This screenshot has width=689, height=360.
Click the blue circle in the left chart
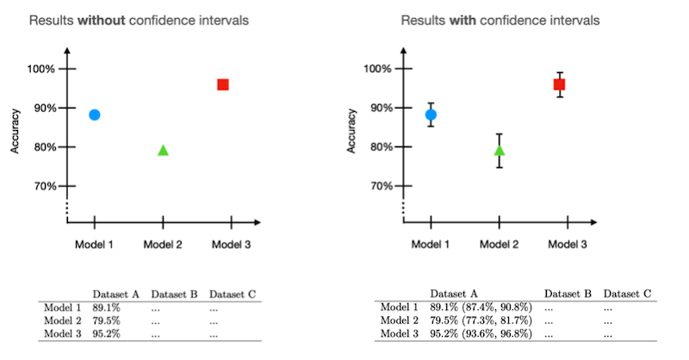[x=95, y=115]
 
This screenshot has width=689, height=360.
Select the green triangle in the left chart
[x=163, y=151]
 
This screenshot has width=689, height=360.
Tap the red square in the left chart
[x=223, y=84]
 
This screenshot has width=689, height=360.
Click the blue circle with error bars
[x=431, y=115]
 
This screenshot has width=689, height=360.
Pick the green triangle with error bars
[x=500, y=151]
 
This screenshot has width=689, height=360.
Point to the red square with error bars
[x=559, y=84]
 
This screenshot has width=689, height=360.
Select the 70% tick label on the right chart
[x=382, y=186]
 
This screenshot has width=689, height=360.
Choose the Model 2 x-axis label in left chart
[x=163, y=245]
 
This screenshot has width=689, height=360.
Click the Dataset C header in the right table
[x=626, y=293]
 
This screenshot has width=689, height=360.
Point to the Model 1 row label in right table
[x=399, y=307]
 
